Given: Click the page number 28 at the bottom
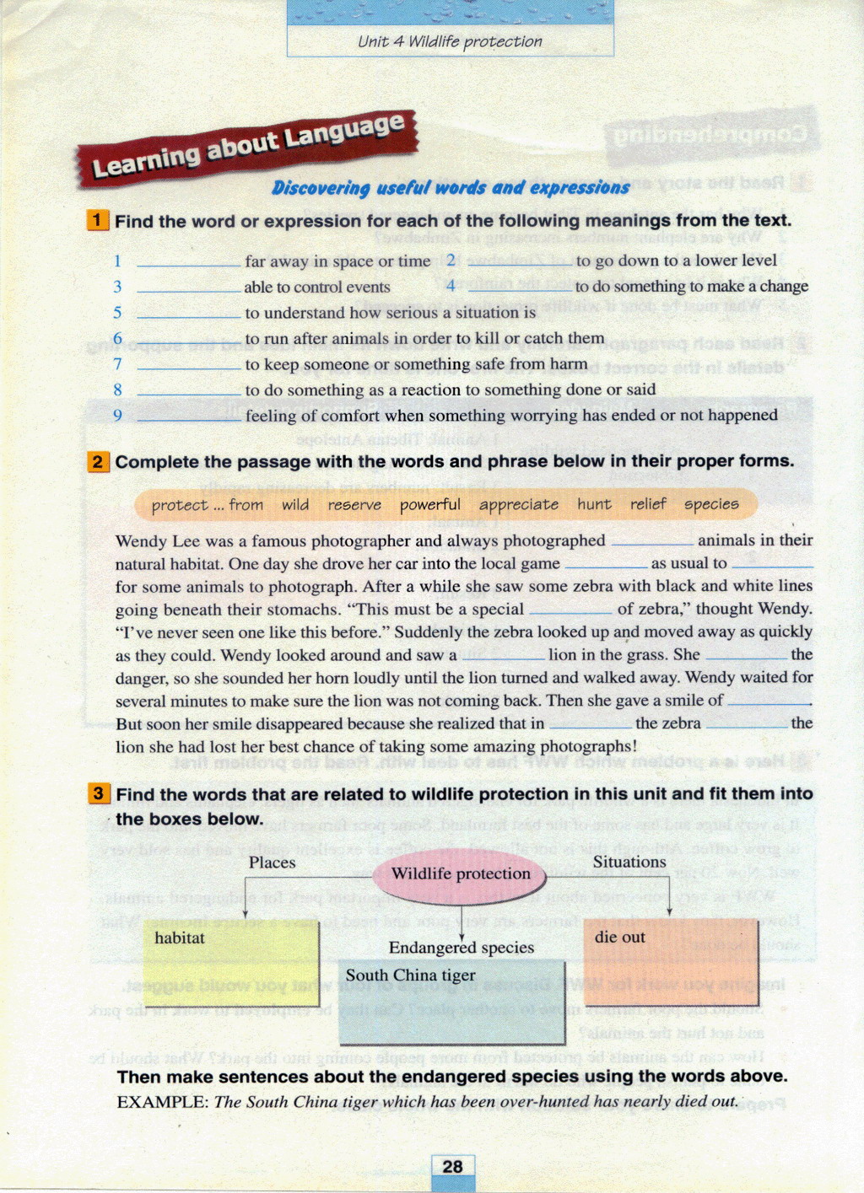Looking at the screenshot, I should [x=452, y=1166].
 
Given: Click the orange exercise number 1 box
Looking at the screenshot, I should [x=97, y=221].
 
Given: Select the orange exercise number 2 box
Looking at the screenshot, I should [x=98, y=461].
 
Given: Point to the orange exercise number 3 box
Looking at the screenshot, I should [x=99, y=793].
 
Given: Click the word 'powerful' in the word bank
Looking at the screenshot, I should [x=430, y=504].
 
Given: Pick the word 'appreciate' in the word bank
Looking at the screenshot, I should [x=519, y=504].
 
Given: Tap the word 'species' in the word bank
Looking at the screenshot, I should [x=711, y=504].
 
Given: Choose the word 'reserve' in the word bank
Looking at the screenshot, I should [x=354, y=504].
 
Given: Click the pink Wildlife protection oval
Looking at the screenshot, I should [x=461, y=874].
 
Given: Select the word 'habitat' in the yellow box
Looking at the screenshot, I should [x=180, y=938].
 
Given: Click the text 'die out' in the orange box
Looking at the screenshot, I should [x=620, y=937].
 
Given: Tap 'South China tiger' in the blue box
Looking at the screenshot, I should [x=411, y=975].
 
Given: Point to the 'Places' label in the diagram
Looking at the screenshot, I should [x=272, y=863].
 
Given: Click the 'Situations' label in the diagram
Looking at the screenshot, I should [x=629, y=862].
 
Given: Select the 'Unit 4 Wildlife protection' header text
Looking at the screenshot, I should [x=450, y=41].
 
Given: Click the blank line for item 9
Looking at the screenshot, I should [x=189, y=418].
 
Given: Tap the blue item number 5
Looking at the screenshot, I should [x=117, y=313].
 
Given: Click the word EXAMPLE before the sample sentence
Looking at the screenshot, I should [x=161, y=1101].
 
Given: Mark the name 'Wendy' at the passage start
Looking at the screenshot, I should [x=141, y=540].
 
